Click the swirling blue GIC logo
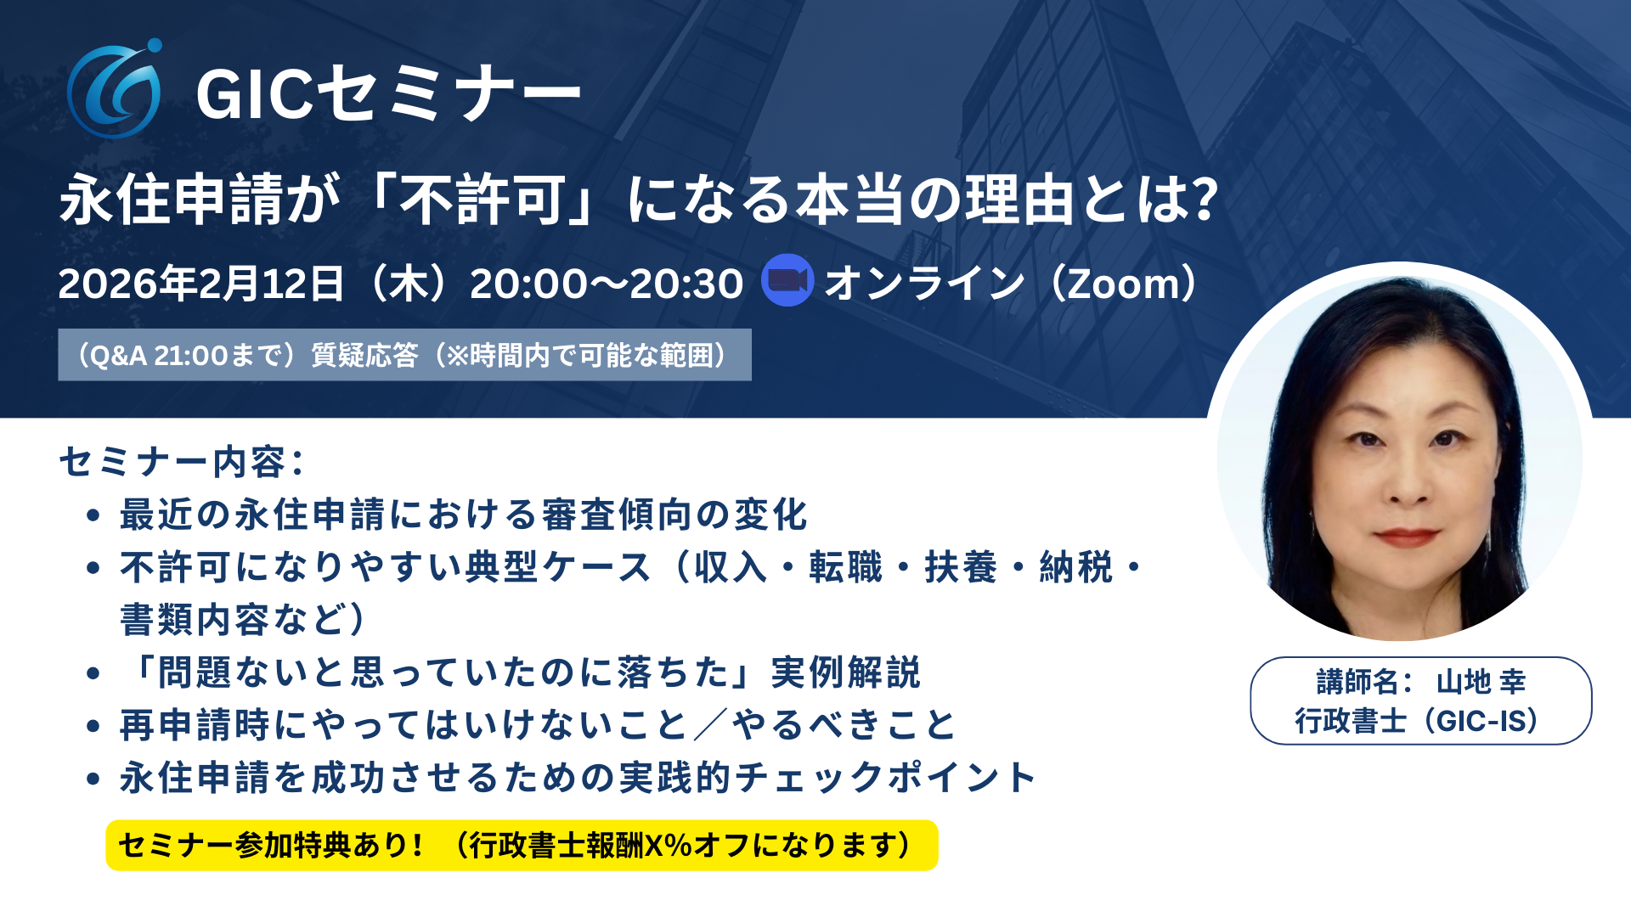(x=115, y=89)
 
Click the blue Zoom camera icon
(x=787, y=280)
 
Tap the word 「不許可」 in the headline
(x=484, y=200)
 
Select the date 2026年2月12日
(x=201, y=284)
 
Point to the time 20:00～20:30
(x=607, y=284)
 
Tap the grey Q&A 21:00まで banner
(x=404, y=355)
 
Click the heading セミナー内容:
(x=182, y=463)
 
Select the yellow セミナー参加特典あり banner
(x=522, y=846)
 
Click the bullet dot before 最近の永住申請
(x=93, y=515)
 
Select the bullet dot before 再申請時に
(x=93, y=726)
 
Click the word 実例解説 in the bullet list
(x=845, y=672)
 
